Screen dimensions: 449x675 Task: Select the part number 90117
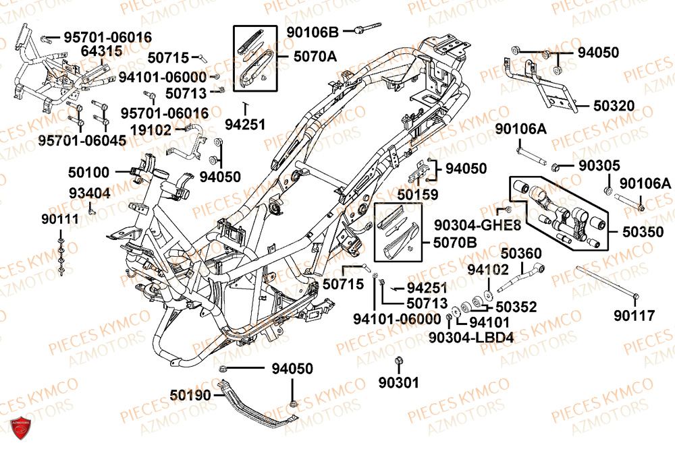634,315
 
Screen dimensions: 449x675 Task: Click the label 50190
191,394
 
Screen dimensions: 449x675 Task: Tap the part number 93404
89,193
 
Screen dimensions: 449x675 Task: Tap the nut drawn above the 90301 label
398,361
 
